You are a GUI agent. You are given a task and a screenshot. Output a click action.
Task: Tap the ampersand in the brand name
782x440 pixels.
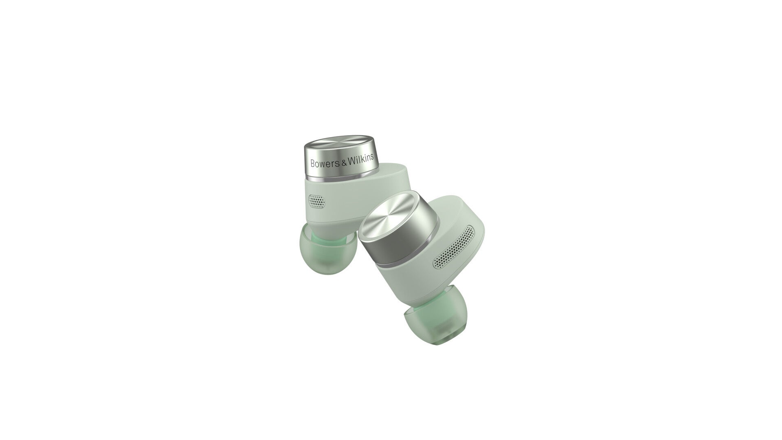coord(343,162)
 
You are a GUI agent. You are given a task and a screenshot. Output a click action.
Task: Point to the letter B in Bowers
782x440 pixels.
coord(313,164)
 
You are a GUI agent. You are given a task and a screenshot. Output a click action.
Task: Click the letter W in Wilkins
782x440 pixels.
coord(351,161)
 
